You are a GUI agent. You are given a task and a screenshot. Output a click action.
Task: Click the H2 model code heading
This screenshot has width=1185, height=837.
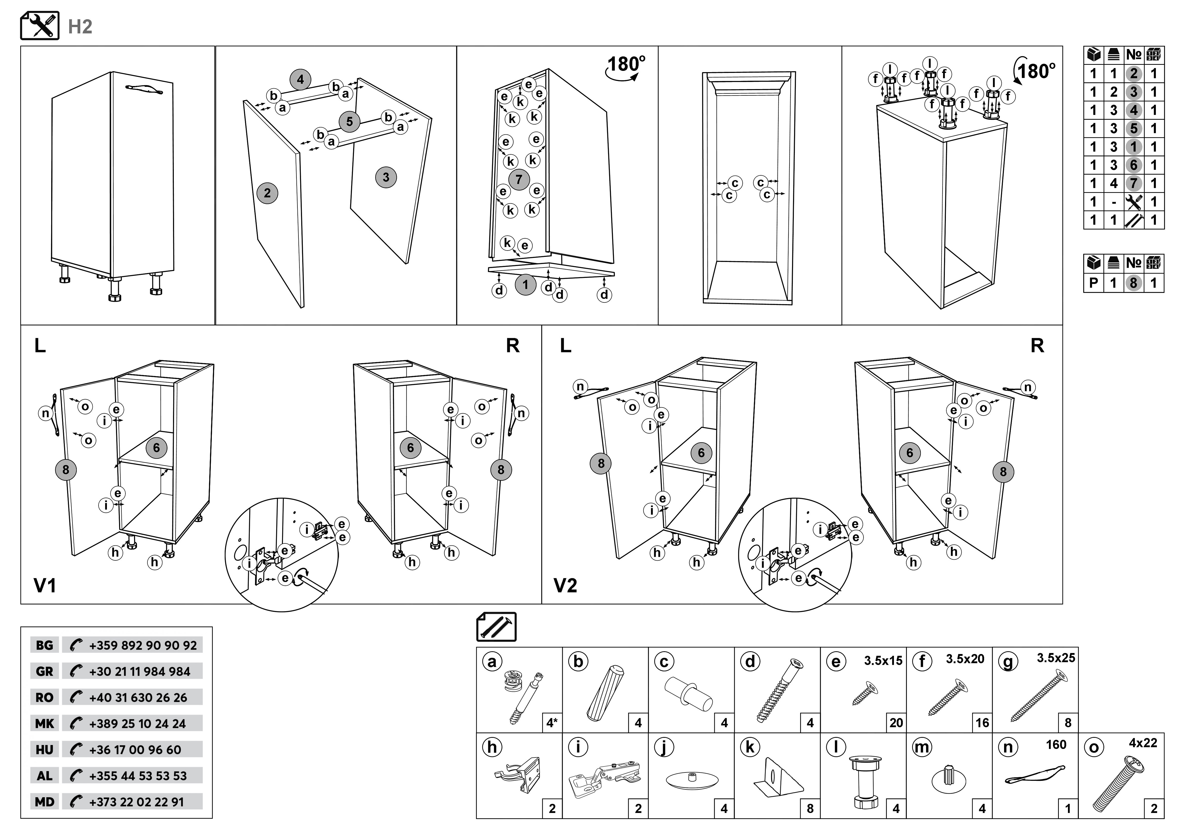tap(80, 26)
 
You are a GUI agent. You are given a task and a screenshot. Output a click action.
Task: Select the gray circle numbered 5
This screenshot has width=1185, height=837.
tap(349, 122)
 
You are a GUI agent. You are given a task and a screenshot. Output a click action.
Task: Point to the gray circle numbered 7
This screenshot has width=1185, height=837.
tap(519, 179)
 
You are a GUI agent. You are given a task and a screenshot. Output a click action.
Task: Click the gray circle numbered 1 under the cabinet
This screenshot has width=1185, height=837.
tap(525, 285)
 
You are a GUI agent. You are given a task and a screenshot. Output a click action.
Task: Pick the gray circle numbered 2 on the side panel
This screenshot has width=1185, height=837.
tap(267, 193)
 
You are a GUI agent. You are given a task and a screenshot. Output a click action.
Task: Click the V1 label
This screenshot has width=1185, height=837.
tap(45, 585)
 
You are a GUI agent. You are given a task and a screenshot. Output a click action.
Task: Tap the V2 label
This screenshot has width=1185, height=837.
tap(565, 585)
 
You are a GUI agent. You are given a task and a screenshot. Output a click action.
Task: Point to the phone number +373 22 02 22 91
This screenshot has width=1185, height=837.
tap(136, 802)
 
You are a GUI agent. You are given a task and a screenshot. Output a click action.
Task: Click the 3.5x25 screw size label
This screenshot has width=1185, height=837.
tap(1056, 658)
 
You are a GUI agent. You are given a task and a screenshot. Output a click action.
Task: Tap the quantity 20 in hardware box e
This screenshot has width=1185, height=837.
tap(896, 723)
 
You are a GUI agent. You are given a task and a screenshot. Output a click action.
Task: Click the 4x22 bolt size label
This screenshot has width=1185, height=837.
tap(1143, 743)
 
